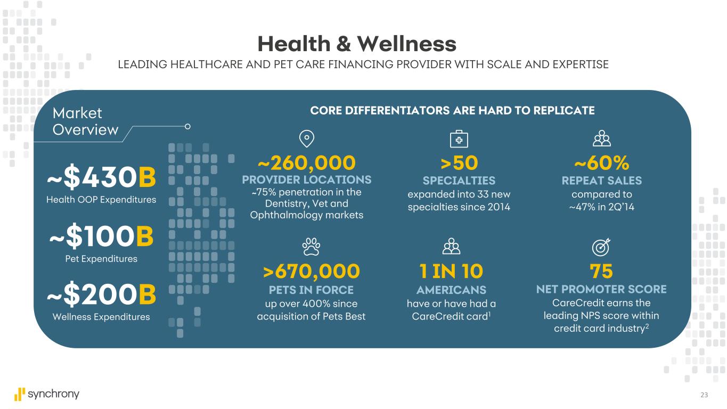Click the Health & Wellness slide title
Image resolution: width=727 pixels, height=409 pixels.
[x=356, y=44]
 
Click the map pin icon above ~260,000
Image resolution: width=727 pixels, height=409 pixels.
[x=307, y=138]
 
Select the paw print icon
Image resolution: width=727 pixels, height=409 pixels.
[x=311, y=247]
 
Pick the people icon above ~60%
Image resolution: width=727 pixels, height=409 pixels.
[x=602, y=138]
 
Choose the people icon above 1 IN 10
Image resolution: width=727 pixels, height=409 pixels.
[x=451, y=247]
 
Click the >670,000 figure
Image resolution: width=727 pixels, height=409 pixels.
[x=312, y=272]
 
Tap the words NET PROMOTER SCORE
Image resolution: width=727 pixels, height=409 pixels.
[x=601, y=289]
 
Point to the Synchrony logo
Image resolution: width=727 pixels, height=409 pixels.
[x=47, y=394]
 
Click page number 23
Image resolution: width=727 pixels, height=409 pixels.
[x=705, y=395]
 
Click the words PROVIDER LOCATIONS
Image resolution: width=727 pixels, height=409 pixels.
[x=307, y=179]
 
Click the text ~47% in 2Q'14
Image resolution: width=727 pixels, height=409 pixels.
[x=602, y=207]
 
